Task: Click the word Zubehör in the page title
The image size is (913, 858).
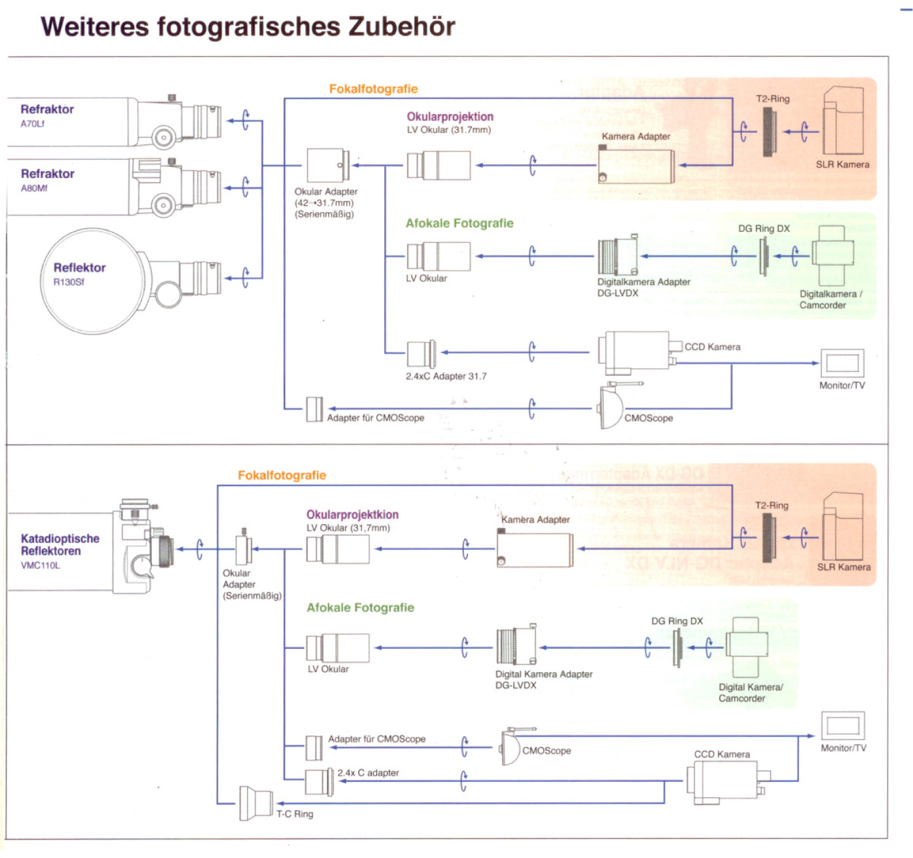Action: pos(401,27)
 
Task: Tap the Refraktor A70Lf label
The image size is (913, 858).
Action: pos(47,115)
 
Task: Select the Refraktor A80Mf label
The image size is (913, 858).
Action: pos(48,179)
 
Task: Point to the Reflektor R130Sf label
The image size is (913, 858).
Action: pos(79,273)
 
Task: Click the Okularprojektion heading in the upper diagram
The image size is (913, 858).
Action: pos(450,117)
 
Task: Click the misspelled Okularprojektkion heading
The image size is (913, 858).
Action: pos(352,515)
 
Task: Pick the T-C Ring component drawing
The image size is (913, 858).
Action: pos(255,803)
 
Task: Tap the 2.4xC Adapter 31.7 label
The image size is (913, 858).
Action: pos(446,376)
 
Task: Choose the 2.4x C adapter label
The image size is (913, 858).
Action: pos(368,773)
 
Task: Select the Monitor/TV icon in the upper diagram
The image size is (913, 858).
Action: pos(842,363)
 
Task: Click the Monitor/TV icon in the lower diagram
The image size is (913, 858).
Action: pos(843,725)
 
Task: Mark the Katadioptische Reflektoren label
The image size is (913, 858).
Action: pos(60,544)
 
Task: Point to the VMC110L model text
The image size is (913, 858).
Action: pos(41,565)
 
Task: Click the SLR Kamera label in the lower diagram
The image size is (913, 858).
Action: pos(843,567)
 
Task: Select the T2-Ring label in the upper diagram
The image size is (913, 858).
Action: pos(772,99)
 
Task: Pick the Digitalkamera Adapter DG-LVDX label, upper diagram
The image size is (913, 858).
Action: pos(643,287)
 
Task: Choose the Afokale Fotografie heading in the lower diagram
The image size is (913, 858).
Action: pos(360,608)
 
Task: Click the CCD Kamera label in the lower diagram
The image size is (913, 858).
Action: pos(722,754)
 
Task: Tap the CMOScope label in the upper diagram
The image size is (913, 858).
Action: pos(648,418)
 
